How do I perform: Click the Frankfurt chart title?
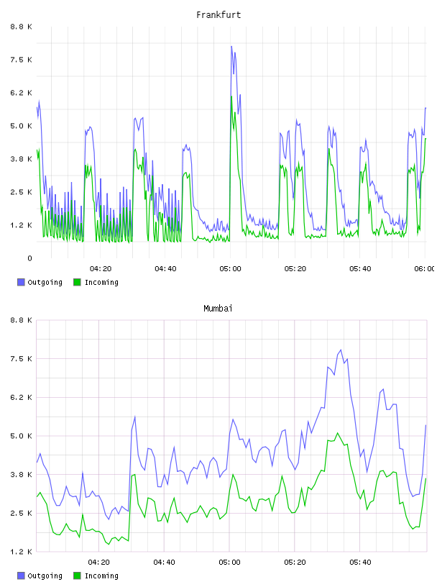218,15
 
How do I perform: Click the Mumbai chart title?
218,309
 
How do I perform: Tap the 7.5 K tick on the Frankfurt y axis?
22,60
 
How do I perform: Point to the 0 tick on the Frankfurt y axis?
29,258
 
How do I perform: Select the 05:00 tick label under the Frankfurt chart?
230,269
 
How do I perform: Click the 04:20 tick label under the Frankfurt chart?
101,269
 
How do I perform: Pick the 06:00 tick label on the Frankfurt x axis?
425,269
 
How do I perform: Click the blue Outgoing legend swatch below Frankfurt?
21,282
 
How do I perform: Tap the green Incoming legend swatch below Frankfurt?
77,282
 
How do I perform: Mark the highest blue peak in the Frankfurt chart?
231,47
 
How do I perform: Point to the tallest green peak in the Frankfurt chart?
231,96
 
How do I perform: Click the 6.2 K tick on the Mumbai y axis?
22,398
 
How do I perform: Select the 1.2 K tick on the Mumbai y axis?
22,552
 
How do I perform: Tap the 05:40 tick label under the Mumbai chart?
360,563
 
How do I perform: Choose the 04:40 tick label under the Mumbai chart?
164,563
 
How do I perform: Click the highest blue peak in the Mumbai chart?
341,350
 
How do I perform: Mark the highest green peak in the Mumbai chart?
338,433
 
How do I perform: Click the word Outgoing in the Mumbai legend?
45,576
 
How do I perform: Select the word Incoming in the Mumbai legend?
101,576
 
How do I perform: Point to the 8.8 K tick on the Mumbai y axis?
22,320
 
